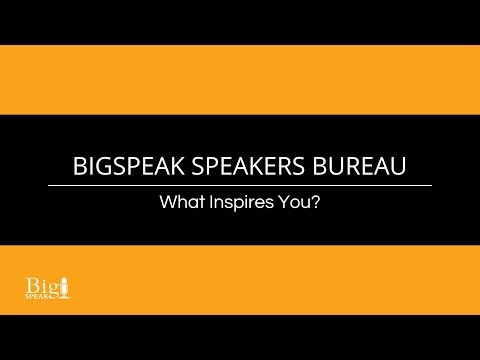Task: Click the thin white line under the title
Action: click(x=240, y=185)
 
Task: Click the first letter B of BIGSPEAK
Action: click(x=81, y=166)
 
